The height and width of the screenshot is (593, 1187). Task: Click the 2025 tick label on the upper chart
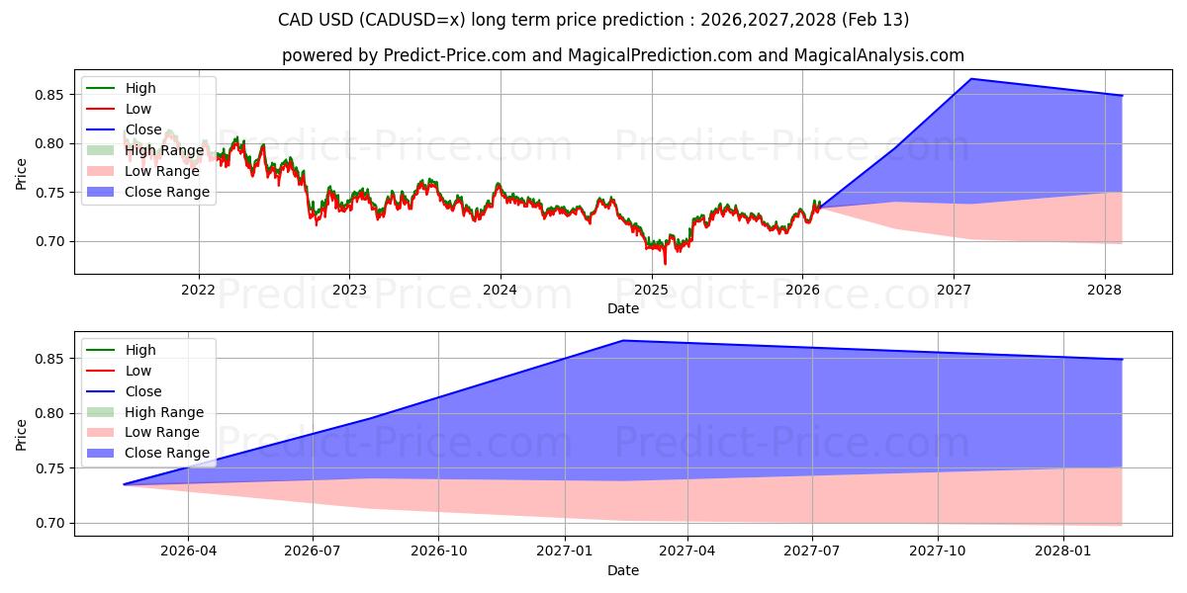pyautogui.click(x=651, y=290)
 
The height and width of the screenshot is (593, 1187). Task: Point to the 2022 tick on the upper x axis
pyautogui.click(x=199, y=290)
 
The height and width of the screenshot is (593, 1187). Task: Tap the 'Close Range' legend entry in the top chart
pyautogui.click(x=166, y=192)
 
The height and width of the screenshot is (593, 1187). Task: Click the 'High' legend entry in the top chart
pyautogui.click(x=139, y=88)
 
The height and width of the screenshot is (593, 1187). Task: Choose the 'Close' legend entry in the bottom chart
pyautogui.click(x=143, y=391)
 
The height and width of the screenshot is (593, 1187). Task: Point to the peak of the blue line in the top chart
pyautogui.click(x=970, y=79)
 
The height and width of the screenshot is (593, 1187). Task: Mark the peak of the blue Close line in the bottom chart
pyautogui.click(x=623, y=340)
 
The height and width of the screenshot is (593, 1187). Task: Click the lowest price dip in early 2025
pyautogui.click(x=665, y=264)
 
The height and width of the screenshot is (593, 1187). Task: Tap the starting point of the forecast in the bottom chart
pyautogui.click(x=124, y=484)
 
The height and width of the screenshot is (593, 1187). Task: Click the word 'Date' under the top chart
pyautogui.click(x=623, y=308)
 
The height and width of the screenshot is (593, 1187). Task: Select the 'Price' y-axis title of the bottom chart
pyautogui.click(x=22, y=434)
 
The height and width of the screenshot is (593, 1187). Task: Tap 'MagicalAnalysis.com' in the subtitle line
pyautogui.click(x=883, y=56)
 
